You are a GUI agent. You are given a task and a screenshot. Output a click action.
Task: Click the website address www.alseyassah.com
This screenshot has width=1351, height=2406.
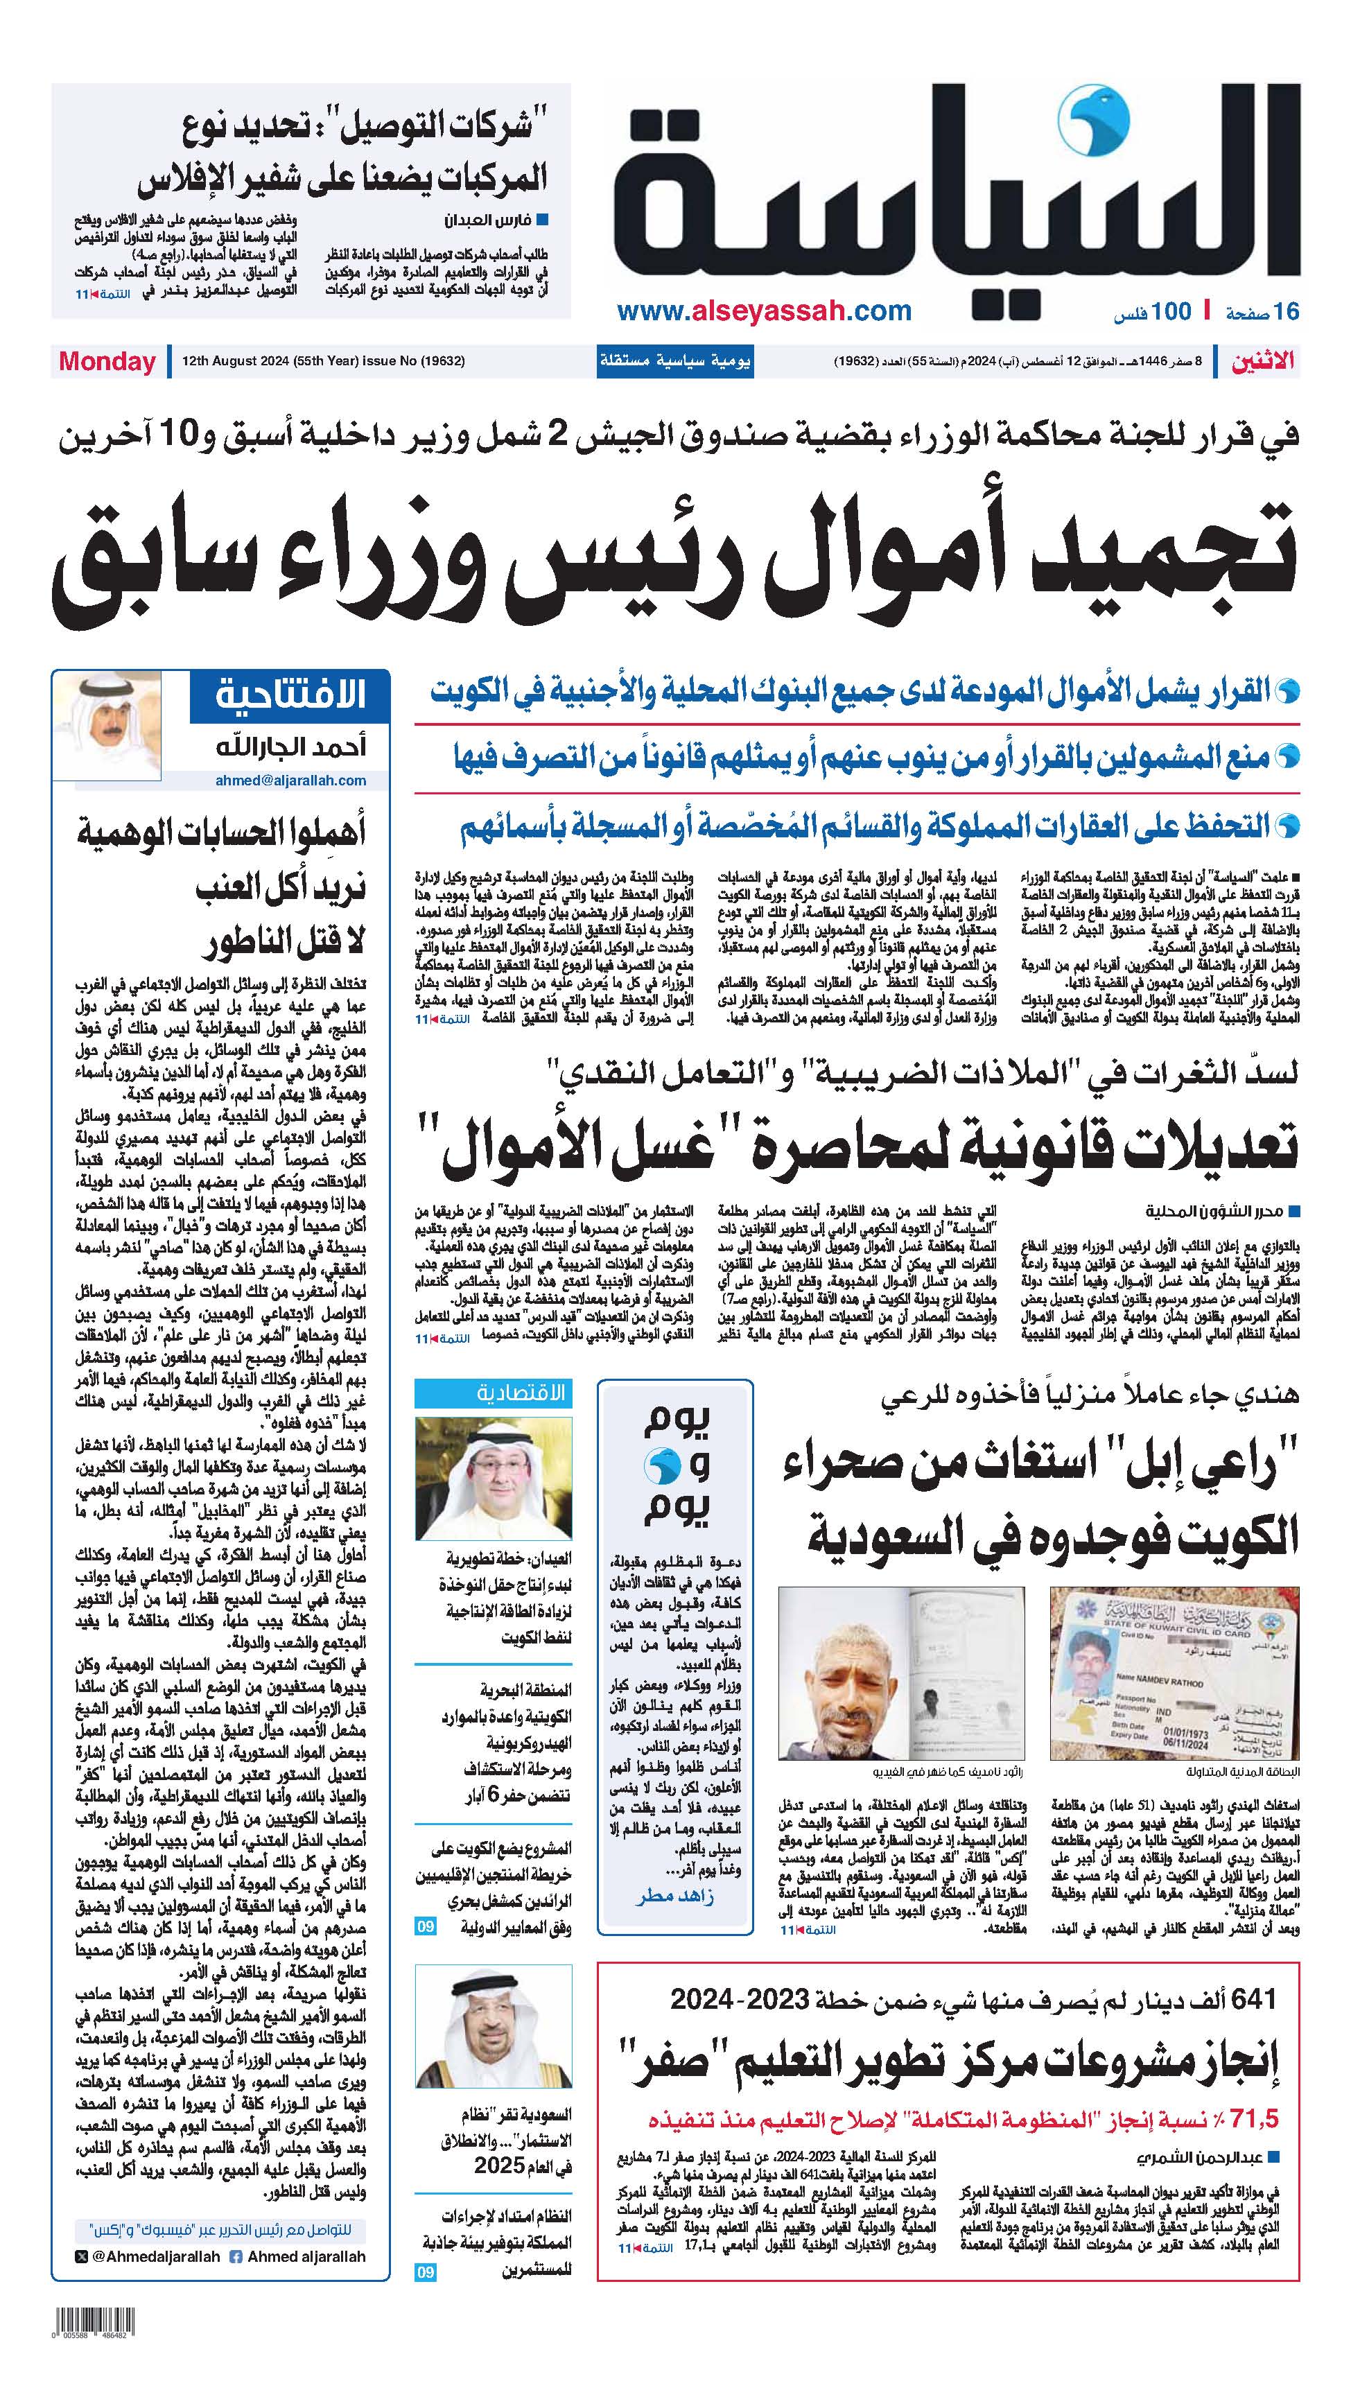(x=765, y=311)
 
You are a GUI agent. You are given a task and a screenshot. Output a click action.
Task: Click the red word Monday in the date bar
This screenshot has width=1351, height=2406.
(x=107, y=361)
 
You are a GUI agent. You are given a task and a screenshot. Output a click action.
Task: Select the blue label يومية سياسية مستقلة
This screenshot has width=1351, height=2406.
(x=674, y=361)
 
